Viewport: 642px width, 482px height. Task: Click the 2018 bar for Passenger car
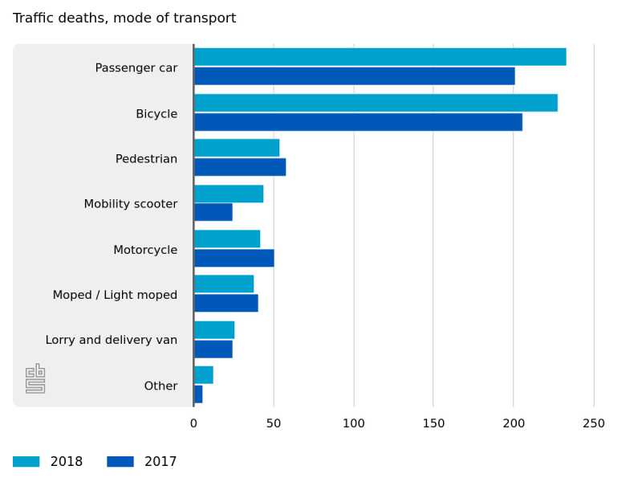click(x=380, y=57)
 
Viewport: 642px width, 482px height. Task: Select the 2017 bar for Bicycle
click(x=358, y=122)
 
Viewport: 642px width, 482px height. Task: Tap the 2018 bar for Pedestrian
click(x=237, y=148)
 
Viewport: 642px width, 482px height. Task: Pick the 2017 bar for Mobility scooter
click(x=213, y=212)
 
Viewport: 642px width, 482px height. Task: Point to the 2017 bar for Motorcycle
click(x=234, y=258)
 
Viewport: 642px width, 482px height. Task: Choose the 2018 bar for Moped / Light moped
click(x=224, y=284)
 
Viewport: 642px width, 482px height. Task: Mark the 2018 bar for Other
click(x=204, y=375)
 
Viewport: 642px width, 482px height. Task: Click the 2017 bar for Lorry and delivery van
click(x=213, y=349)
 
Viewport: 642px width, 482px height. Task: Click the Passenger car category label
click(x=136, y=68)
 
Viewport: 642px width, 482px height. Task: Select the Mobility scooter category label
click(x=131, y=204)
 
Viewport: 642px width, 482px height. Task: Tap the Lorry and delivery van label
click(x=112, y=340)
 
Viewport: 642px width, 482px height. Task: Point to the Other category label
click(x=160, y=386)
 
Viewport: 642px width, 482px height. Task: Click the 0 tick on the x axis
click(x=193, y=423)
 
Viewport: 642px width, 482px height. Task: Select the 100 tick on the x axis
click(x=354, y=423)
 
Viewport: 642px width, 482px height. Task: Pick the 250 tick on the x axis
click(x=594, y=423)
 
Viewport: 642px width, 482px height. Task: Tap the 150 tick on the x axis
click(x=433, y=423)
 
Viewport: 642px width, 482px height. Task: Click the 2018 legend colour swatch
click(x=26, y=462)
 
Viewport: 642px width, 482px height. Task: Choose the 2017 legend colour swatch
click(x=120, y=462)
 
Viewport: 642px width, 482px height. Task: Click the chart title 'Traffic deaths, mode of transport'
click(x=124, y=18)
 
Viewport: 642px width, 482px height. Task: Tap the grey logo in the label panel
click(x=35, y=378)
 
